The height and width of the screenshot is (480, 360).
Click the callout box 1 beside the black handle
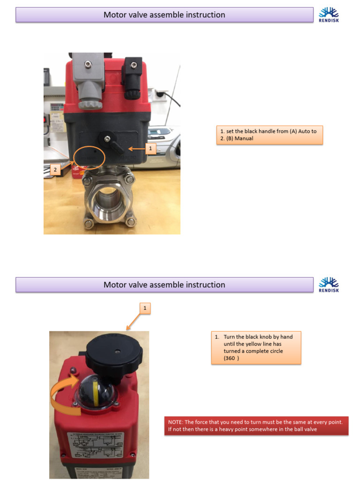pos(150,149)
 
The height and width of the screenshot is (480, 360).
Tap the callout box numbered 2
pos(56,170)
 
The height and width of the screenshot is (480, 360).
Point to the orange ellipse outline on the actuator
pos(89,156)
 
